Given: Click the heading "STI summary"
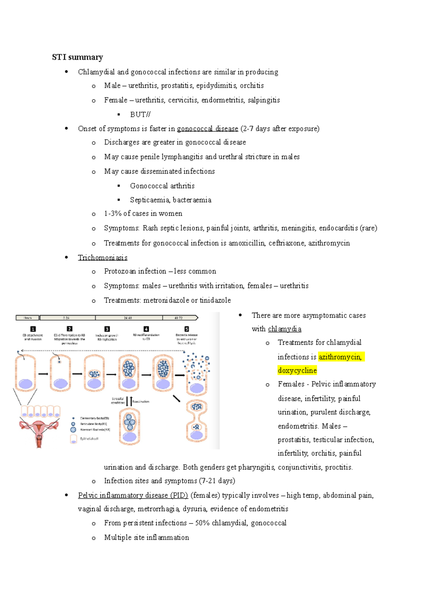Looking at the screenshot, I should [x=77, y=57].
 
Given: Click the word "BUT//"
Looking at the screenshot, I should [x=140, y=115].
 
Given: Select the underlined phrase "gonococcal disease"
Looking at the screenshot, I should [x=207, y=129].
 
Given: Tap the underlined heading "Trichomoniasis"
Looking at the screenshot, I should [x=102, y=257].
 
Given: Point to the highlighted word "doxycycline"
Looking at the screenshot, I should [x=297, y=370].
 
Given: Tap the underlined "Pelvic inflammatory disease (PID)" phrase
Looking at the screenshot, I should [x=133, y=495].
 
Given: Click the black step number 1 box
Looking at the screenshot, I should [x=33, y=329].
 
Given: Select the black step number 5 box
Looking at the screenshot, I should [x=186, y=329].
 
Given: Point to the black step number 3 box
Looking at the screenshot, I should [x=107, y=329].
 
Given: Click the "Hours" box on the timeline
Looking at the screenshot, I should [x=28, y=318].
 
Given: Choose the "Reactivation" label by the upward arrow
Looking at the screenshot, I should [x=141, y=401].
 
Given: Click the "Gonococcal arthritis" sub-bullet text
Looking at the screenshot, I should [x=162, y=186].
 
